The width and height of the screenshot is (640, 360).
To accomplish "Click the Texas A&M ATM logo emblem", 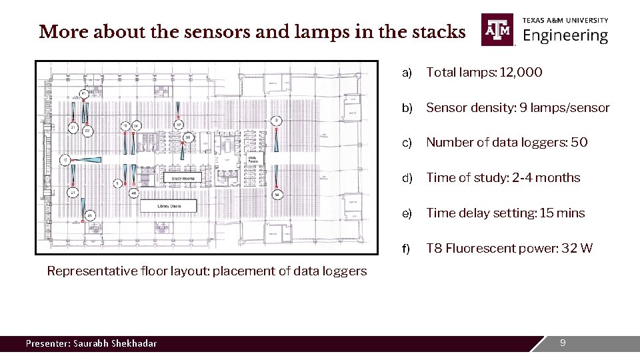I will coord(498,30).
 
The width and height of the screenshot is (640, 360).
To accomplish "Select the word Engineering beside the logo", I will coord(565,35).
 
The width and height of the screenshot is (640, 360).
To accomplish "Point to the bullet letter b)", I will coord(407,108).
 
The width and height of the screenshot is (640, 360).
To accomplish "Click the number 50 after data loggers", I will coord(579,143).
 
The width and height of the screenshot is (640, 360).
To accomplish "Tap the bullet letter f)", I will coord(406,249).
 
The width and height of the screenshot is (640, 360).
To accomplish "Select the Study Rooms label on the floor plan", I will coord(186,179).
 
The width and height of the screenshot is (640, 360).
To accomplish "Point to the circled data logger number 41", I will coord(83,93).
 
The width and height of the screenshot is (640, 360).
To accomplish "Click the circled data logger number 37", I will coord(179,125).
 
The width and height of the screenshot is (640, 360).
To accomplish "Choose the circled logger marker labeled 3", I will coord(276,121).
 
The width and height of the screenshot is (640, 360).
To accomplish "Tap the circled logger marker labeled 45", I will coord(89,215).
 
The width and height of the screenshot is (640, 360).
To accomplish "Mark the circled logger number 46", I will coord(133,193).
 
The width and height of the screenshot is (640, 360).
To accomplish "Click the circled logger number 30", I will coord(189,137).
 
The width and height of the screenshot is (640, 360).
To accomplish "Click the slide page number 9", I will coord(563,343).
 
